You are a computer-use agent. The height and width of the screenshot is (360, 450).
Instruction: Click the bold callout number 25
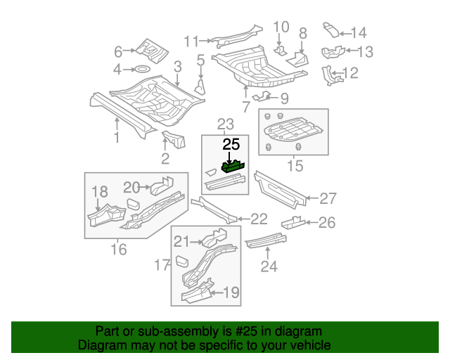[231, 145]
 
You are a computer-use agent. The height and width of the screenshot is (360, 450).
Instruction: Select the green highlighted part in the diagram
[232, 167]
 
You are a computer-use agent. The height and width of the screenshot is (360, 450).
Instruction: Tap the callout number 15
[295, 167]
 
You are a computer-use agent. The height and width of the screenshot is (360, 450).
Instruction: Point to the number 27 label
[328, 198]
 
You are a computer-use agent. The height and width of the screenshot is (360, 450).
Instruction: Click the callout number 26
[327, 223]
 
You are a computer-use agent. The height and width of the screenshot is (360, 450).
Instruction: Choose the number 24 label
[269, 266]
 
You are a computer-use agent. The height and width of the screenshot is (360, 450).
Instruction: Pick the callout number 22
[259, 219]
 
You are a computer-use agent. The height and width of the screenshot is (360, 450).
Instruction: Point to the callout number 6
[118, 51]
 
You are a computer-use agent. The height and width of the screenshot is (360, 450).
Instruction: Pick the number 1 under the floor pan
[117, 139]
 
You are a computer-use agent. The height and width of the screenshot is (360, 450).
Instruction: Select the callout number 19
[233, 293]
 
